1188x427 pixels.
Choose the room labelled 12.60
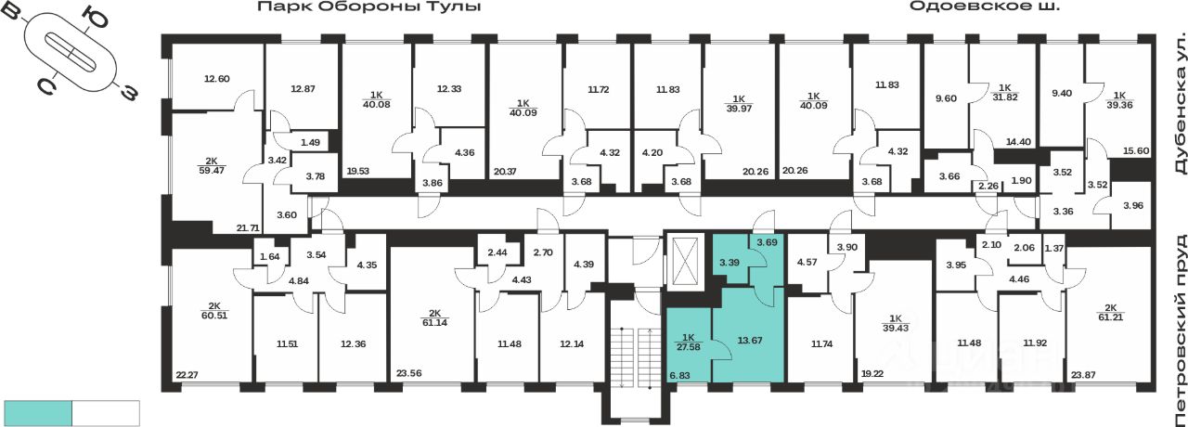pyautogui.click(x=215, y=79)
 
